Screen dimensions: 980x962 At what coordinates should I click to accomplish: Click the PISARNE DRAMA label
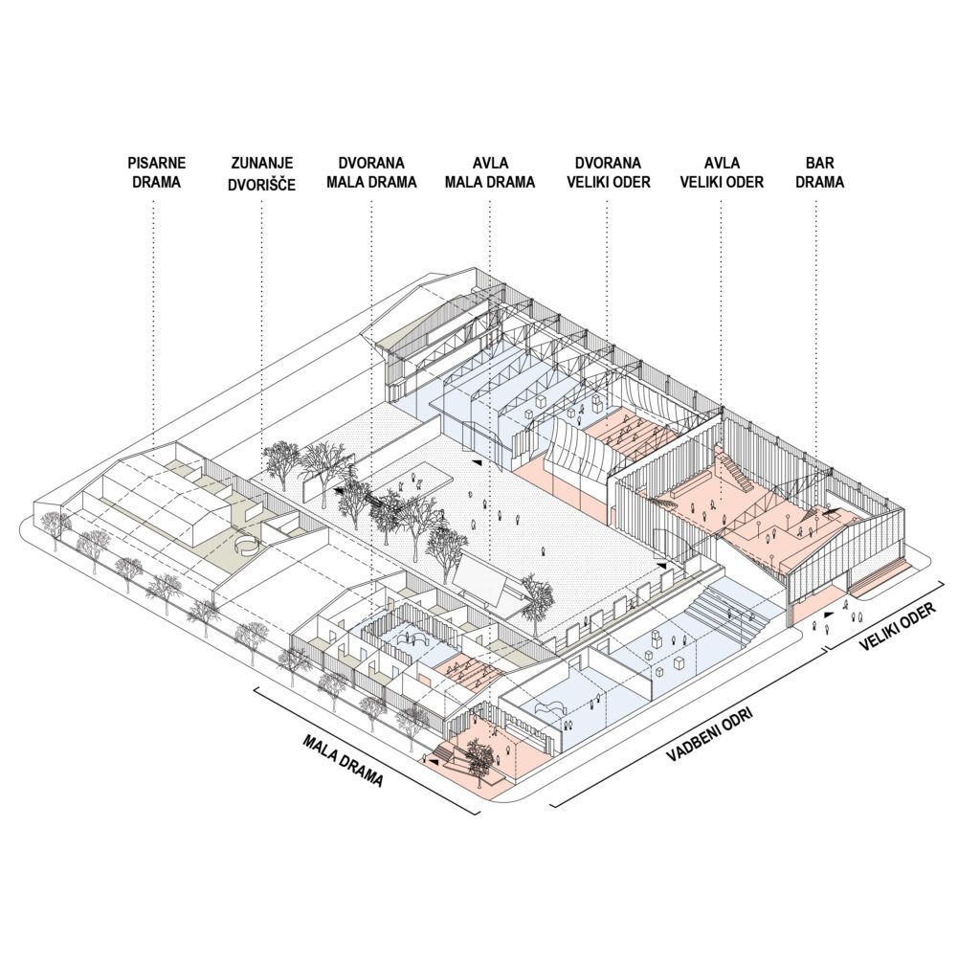tap(156, 172)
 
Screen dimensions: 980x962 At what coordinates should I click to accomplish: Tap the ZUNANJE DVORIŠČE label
tap(262, 173)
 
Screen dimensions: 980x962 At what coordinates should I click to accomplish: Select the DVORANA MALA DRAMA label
tap(371, 172)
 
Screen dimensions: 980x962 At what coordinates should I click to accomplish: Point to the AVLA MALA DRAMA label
tap(491, 172)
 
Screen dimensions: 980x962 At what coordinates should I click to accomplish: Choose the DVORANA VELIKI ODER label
tap(608, 172)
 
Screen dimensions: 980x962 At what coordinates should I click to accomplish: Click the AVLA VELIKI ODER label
tap(722, 172)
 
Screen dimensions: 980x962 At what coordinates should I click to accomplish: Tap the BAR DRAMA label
tap(820, 172)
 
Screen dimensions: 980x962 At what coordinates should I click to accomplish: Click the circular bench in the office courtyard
tap(245, 545)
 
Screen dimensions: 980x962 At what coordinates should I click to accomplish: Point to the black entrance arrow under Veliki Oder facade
tap(828, 615)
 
